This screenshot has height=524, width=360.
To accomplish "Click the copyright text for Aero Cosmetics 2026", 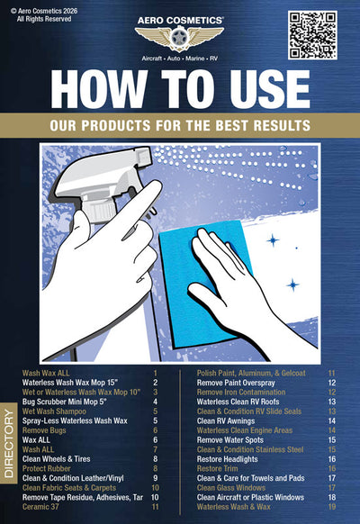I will (40, 14).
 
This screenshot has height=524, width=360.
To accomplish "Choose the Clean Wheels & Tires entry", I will (64, 458).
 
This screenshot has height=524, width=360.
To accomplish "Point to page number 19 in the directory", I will (332, 506).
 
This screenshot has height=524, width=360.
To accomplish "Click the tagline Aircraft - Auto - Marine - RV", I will (179, 56).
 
